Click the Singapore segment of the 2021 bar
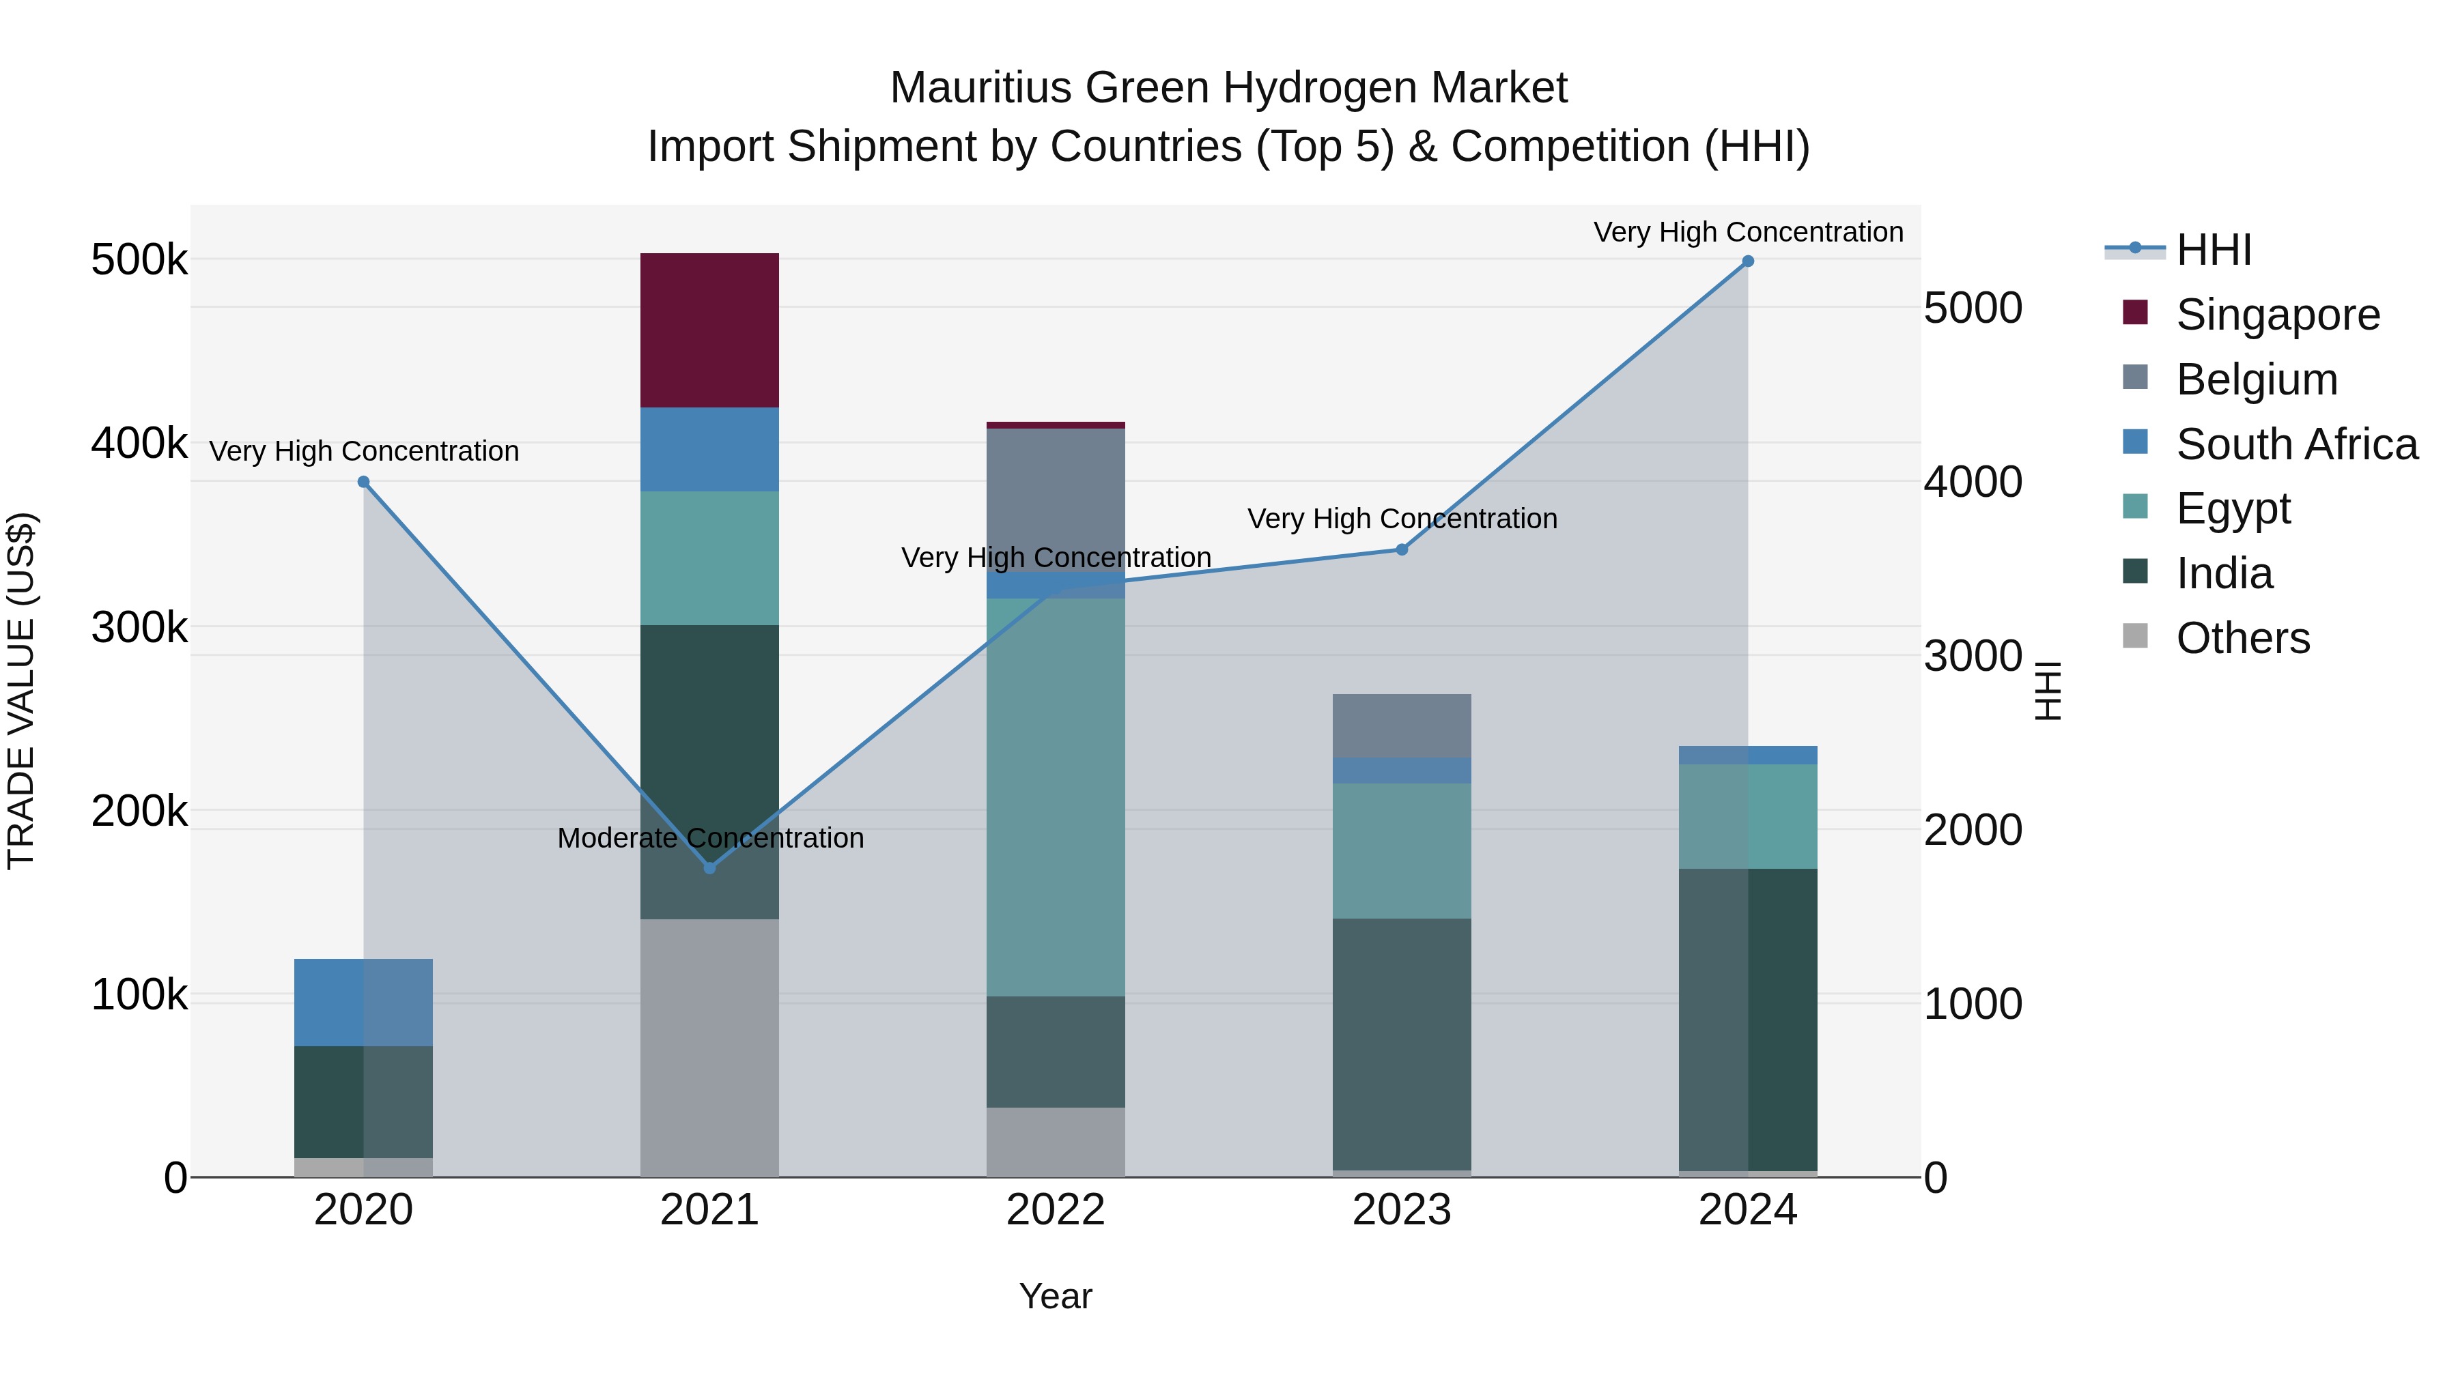[709, 330]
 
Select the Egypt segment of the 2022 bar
[1056, 796]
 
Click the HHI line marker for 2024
[1747, 261]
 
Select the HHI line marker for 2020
[363, 482]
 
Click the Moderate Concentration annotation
[710, 838]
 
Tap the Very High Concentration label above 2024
[1747, 232]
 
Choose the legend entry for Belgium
[2256, 379]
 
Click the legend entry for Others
[2242, 638]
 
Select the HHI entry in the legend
[2214, 250]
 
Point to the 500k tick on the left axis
[139, 259]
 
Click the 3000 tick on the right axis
[1971, 656]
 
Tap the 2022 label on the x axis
[1056, 1210]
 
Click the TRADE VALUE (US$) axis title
[21, 691]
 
